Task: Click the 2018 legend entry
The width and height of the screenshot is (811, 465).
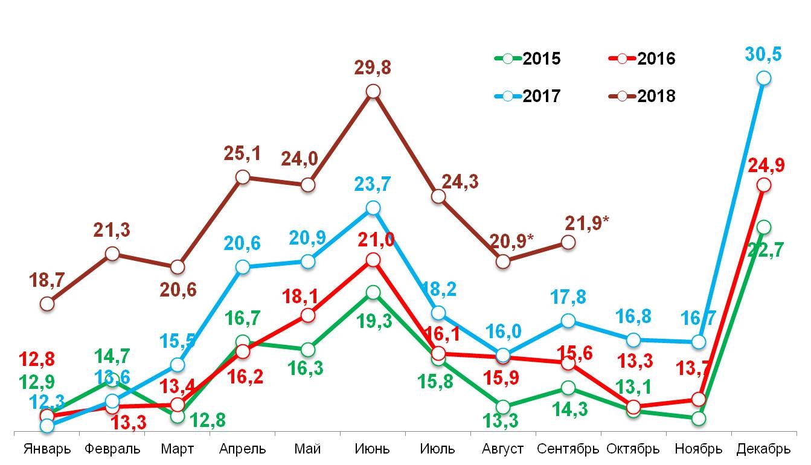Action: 642,96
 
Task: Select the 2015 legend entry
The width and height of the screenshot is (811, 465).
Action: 528,59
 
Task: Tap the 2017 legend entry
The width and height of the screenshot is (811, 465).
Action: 528,96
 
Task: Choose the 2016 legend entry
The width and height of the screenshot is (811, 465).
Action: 642,59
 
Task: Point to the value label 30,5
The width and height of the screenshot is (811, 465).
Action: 764,55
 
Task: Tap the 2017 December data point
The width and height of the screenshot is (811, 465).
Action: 764,78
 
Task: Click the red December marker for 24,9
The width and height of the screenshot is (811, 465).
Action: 764,184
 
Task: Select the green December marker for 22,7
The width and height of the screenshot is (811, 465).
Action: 764,227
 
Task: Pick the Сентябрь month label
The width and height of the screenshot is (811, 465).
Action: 568,449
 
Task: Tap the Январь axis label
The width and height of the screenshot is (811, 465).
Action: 47,449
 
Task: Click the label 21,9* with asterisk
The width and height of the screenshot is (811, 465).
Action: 587,222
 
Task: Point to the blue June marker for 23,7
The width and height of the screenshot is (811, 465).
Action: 373,208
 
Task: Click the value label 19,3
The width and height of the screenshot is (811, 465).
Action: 374,321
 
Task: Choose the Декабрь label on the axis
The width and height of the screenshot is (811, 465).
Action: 764,449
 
